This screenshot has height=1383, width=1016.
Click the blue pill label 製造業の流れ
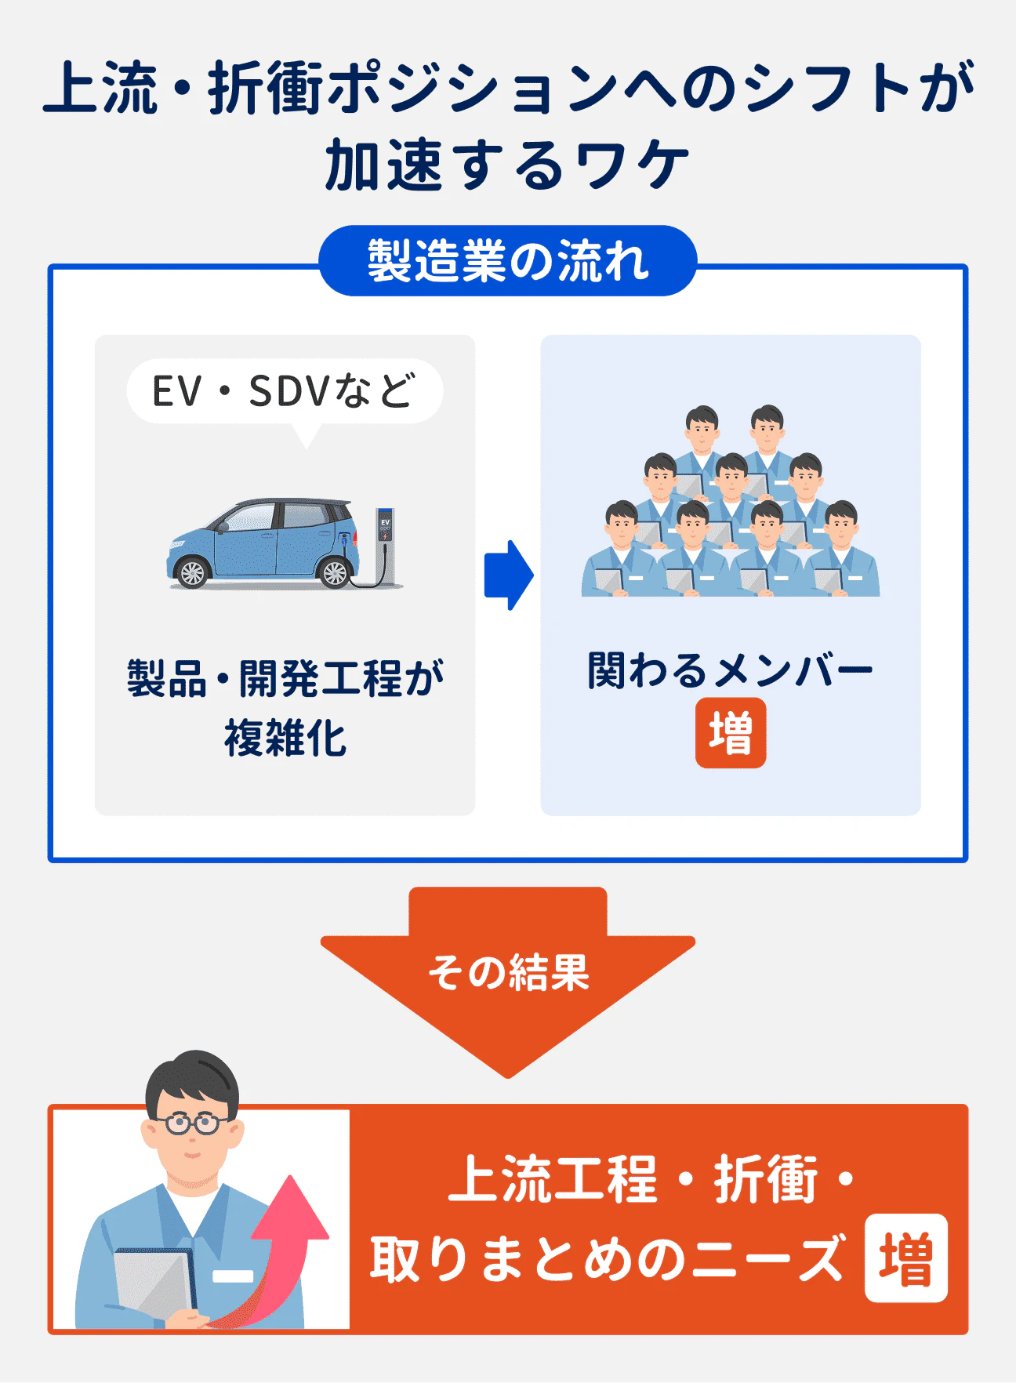click(508, 261)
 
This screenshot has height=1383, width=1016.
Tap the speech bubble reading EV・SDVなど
click(285, 391)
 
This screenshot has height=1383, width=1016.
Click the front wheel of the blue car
click(192, 572)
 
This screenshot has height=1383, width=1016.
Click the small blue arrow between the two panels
click(508, 575)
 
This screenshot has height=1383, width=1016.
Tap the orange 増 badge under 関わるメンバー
click(730, 733)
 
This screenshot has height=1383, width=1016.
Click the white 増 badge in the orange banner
click(905, 1258)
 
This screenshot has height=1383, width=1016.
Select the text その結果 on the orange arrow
click(508, 973)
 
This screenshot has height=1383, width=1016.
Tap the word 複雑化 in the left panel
click(285, 739)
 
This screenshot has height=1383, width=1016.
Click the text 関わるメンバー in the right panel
click(730, 671)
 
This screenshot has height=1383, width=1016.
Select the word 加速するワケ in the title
click(508, 165)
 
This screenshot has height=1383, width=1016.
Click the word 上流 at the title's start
click(100, 88)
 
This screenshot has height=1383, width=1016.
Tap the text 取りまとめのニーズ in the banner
click(608, 1259)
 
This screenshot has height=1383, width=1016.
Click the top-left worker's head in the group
click(702, 424)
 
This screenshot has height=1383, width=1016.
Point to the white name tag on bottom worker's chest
click(233, 1276)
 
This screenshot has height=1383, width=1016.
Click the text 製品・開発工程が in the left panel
click(285, 678)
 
